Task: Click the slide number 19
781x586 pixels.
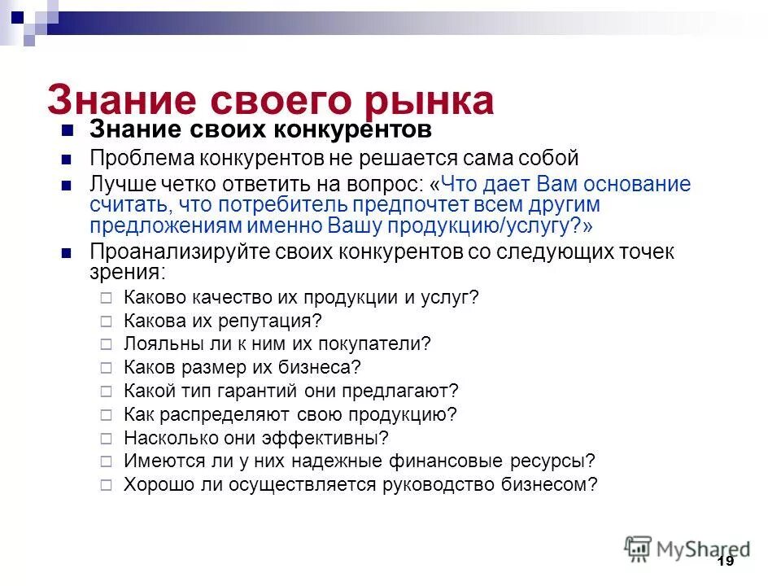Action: pyautogui.click(x=726, y=562)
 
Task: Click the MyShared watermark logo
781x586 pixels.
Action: pyautogui.click(x=687, y=548)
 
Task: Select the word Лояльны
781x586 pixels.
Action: pyautogui.click(x=155, y=343)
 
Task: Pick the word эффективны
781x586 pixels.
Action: pyautogui.click(x=320, y=438)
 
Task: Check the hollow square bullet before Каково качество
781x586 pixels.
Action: pyautogui.click(x=106, y=298)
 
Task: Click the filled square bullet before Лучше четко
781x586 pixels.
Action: pyautogui.click(x=68, y=185)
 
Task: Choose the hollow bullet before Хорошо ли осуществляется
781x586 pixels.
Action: pyautogui.click(x=106, y=484)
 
